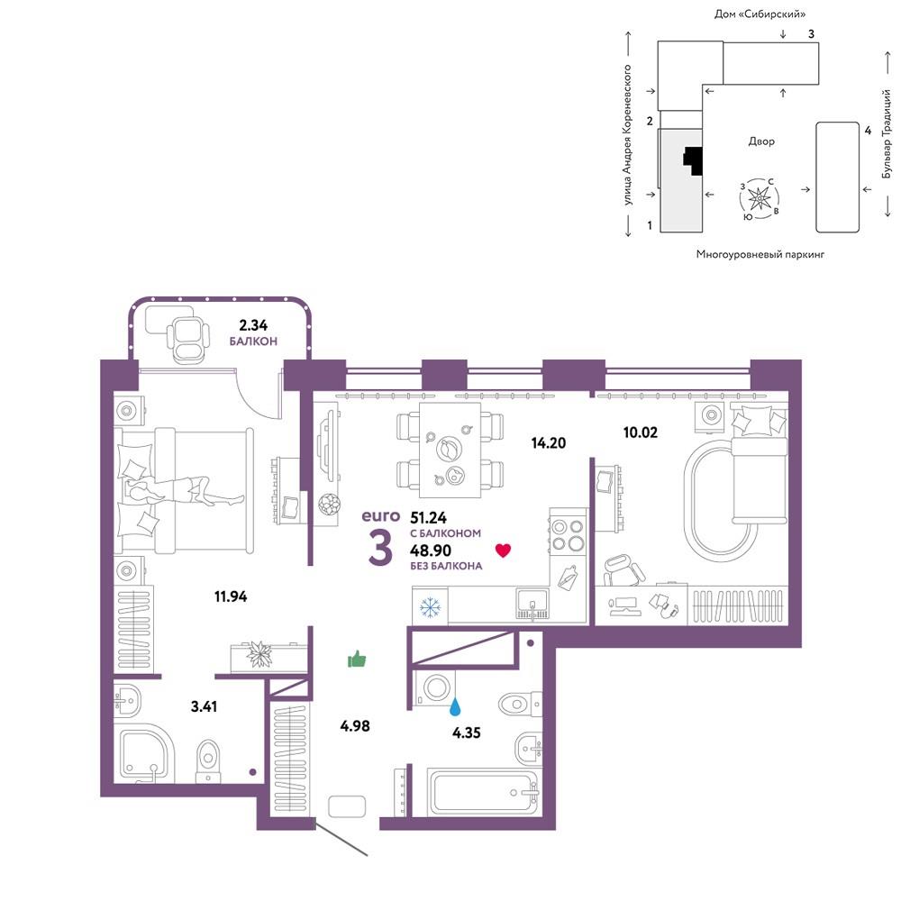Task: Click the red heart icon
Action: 503,551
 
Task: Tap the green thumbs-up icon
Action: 357,660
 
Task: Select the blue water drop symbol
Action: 455,706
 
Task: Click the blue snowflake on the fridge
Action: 431,606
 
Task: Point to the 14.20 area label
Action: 548,442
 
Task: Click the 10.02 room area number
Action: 640,432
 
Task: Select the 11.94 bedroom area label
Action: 231,596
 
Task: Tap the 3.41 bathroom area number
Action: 204,705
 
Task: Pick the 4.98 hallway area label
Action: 354,725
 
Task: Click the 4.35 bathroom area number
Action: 466,733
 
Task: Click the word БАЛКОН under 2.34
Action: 253,341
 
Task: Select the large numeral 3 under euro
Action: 380,547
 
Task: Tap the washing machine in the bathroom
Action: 435,687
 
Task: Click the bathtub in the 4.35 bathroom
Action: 484,791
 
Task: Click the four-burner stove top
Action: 568,534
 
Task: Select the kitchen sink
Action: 532,604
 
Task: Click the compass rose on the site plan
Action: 760,199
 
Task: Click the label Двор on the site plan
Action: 761,141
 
